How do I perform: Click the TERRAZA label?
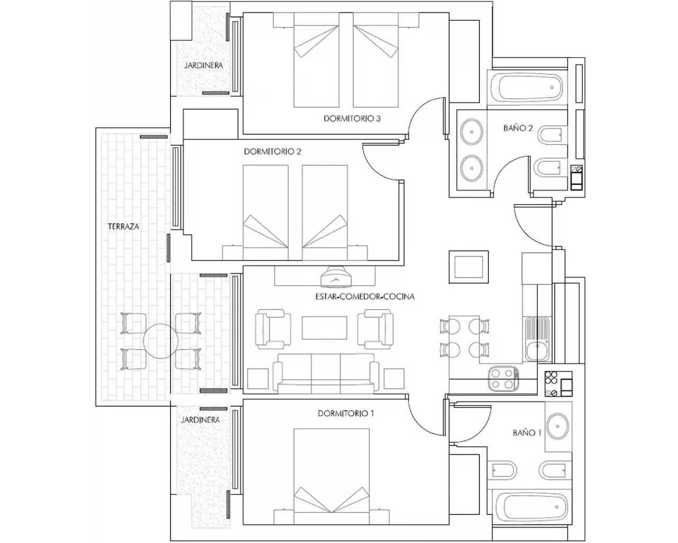123,226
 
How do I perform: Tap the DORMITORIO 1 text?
346,413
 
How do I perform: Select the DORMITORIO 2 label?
272,152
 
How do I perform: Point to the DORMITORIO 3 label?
352,119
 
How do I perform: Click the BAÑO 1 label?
527,433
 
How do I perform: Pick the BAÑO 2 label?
518,128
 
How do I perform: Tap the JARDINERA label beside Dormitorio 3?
203,66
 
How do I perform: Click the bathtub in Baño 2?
527,87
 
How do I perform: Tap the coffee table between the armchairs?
325,328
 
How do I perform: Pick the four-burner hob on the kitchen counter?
502,379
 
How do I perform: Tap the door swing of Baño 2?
514,172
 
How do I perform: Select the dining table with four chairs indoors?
465,337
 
